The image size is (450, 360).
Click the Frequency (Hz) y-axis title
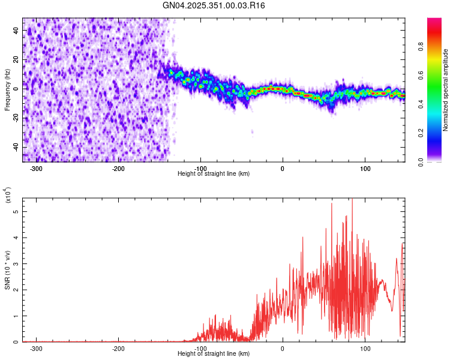click(7, 90)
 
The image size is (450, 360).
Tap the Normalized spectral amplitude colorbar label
click(446, 90)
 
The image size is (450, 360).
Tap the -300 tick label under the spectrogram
click(36, 169)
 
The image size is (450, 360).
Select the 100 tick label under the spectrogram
click(365, 169)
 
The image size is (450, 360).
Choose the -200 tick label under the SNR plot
click(118, 349)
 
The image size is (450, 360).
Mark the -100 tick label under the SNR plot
click(200, 349)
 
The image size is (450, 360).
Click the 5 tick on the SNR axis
click(17, 212)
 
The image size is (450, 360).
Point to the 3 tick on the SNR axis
click(17, 264)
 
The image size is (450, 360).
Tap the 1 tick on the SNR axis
click(17, 316)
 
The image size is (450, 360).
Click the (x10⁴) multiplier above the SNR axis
click(7, 196)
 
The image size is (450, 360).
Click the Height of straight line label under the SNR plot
click(214, 354)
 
